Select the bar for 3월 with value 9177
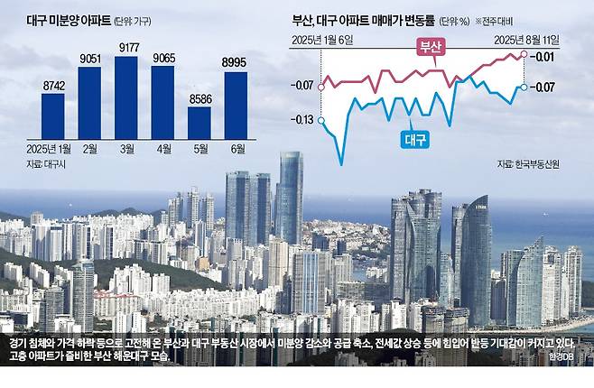coord(125,97)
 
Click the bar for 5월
coord(200,123)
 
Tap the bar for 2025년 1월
coord(53,116)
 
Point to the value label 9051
coord(90,59)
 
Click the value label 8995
coord(234,62)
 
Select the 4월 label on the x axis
coord(164,149)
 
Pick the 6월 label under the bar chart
coord(238,149)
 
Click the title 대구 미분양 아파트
coord(69,21)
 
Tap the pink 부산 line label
coord(432,46)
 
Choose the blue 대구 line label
coord(415,140)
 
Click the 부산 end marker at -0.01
coord(524,54)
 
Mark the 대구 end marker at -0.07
coord(524,88)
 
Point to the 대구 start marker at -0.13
coord(321,120)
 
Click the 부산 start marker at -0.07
coord(321,88)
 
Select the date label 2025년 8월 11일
coord(526,40)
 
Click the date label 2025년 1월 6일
coord(322,40)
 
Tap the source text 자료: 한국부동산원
coord(528,164)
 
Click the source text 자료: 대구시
coord(46,164)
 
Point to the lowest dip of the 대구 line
coord(342,164)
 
